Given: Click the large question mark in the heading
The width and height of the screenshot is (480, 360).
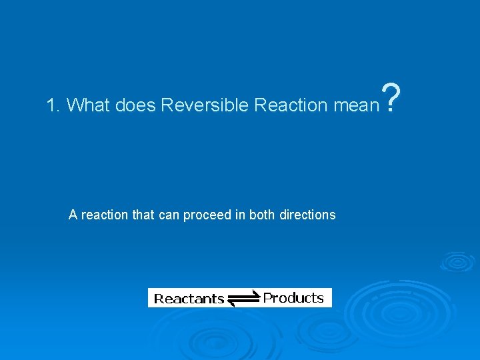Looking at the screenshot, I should (x=393, y=98).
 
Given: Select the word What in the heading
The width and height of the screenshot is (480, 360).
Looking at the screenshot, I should (x=90, y=105).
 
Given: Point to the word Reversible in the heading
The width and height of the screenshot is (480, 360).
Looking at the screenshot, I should (x=205, y=105).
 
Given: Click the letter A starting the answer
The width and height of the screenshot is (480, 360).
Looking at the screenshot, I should (x=73, y=215).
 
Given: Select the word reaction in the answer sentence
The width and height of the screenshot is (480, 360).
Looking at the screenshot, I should (x=103, y=215).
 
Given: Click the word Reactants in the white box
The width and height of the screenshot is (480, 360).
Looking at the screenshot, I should (x=189, y=299).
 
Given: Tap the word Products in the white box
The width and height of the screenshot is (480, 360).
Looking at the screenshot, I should (x=293, y=297).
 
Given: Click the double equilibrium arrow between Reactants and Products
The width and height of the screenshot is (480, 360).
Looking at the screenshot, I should (x=243, y=299).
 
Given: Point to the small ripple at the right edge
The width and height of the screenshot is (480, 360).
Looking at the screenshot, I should (x=458, y=261).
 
